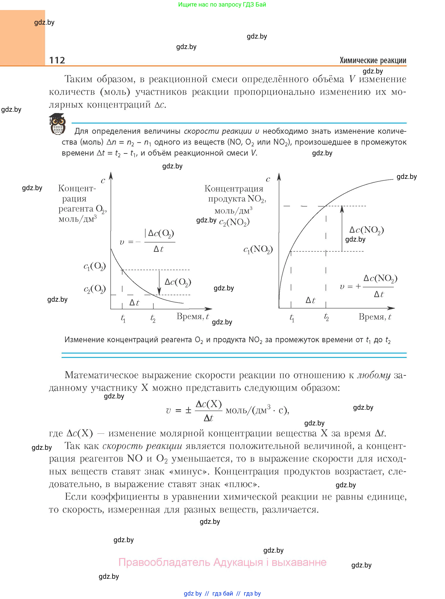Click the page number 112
click(57, 60)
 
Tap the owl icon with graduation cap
click(57, 124)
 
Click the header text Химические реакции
click(373, 60)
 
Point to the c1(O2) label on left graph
click(95, 267)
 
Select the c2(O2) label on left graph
click(95, 289)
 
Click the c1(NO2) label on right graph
click(258, 249)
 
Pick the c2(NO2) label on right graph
click(234, 222)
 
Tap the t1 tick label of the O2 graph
click(123, 318)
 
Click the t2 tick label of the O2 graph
click(153, 318)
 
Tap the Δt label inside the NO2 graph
click(310, 300)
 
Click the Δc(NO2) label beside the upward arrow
click(366, 230)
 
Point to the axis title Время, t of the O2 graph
click(193, 316)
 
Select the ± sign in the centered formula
click(188, 410)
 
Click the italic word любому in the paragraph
click(374, 375)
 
